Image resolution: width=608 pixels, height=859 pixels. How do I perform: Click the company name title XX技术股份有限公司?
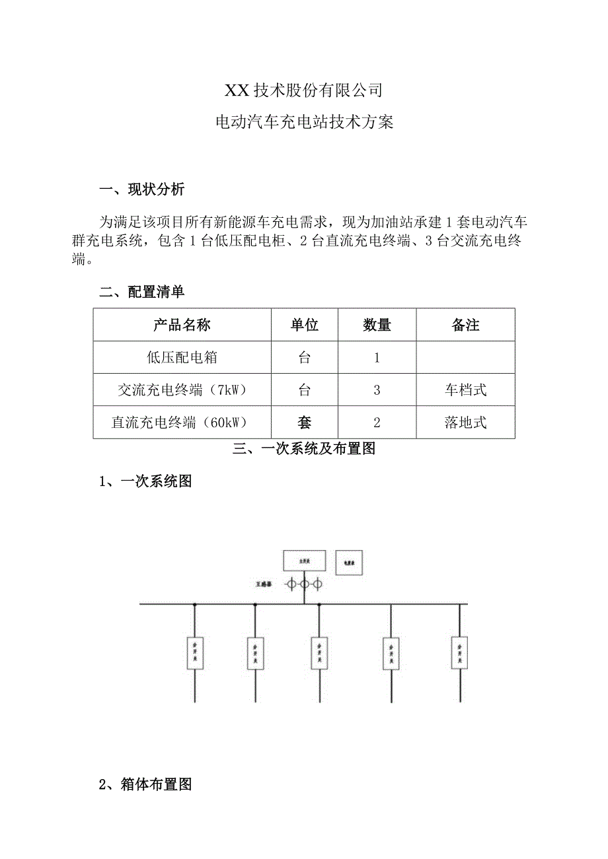pyautogui.click(x=304, y=89)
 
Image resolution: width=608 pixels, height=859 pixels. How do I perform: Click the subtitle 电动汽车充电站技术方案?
pyautogui.click(x=305, y=122)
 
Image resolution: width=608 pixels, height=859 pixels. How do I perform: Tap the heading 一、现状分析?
pyautogui.click(x=142, y=190)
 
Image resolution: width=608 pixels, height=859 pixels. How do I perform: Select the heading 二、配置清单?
pyautogui.click(x=142, y=292)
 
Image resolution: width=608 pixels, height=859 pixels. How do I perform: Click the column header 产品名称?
pyautogui.click(x=182, y=325)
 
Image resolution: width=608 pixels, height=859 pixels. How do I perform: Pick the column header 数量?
pyautogui.click(x=377, y=325)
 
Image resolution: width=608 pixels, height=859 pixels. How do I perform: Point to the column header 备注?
pyautogui.click(x=465, y=325)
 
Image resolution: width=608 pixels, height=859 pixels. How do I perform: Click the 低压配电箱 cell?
pyautogui.click(x=182, y=358)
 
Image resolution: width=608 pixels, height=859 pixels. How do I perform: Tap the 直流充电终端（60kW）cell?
pyautogui.click(x=182, y=423)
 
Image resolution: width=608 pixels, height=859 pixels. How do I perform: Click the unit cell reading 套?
pyautogui.click(x=305, y=423)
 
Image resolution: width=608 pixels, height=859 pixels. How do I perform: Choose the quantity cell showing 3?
pyautogui.click(x=377, y=390)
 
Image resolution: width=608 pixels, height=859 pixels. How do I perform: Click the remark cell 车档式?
pyautogui.click(x=465, y=390)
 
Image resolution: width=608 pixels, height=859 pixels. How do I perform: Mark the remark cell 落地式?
pyautogui.click(x=465, y=423)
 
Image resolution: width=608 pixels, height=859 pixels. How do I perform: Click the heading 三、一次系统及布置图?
pyautogui.click(x=305, y=449)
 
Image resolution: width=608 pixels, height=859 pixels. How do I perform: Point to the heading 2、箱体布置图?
pyautogui.click(x=145, y=785)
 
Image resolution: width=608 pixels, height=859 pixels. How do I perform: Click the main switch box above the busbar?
pyautogui.click(x=305, y=561)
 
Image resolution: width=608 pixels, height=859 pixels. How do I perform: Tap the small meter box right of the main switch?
pyautogui.click(x=349, y=563)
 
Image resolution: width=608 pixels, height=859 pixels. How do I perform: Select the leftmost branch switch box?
pyautogui.click(x=194, y=652)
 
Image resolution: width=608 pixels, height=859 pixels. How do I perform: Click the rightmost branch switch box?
pyautogui.click(x=459, y=651)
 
